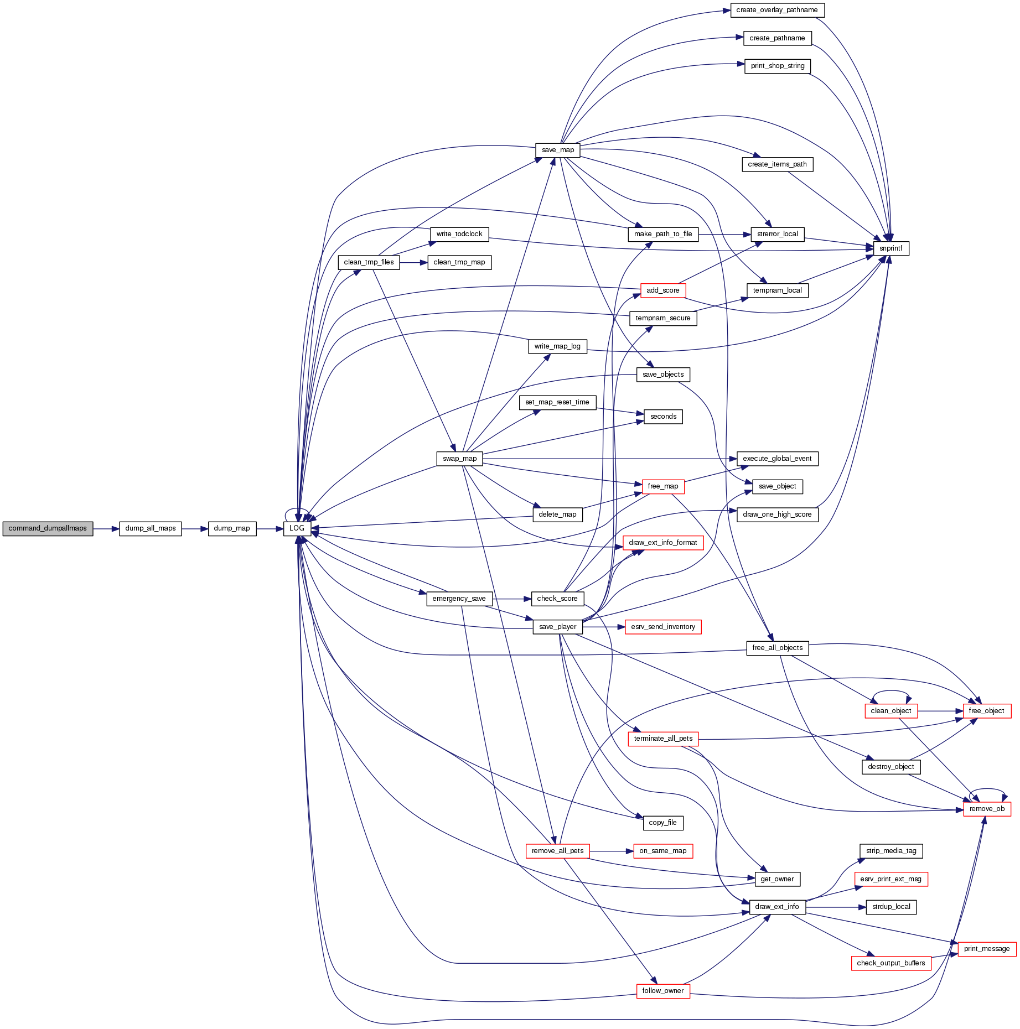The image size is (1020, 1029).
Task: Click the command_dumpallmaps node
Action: (48, 528)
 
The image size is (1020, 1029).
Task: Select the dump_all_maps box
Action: (150, 528)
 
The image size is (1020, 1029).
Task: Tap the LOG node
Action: (297, 528)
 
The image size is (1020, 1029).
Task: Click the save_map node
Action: (558, 150)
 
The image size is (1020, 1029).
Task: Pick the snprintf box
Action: (890, 248)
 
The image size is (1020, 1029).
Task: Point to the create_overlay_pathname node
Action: (776, 10)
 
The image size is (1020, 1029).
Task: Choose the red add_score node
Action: (662, 290)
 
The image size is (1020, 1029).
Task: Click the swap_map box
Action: (459, 459)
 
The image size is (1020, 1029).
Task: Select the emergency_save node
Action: (459, 599)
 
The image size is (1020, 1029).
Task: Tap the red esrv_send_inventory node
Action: (662, 627)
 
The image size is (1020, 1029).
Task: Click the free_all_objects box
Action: (777, 648)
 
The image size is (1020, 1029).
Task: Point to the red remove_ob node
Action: (987, 809)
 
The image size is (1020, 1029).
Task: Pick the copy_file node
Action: (662, 823)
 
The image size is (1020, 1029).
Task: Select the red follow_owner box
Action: (662, 991)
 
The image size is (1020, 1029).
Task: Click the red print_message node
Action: (986, 949)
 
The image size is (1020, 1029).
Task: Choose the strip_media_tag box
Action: (890, 851)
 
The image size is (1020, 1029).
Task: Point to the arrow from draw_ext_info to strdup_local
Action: (836, 907)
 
